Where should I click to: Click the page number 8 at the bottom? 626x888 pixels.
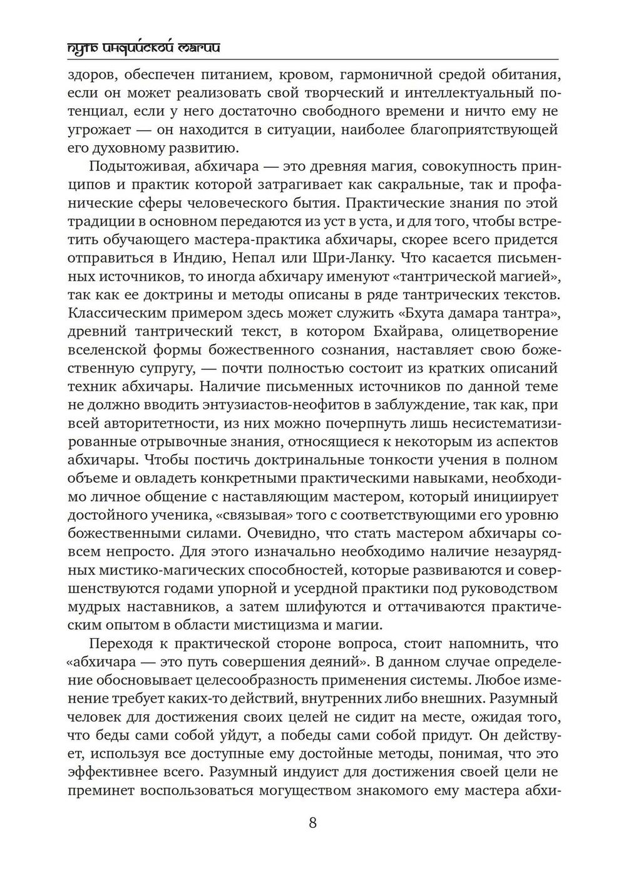click(x=312, y=822)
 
